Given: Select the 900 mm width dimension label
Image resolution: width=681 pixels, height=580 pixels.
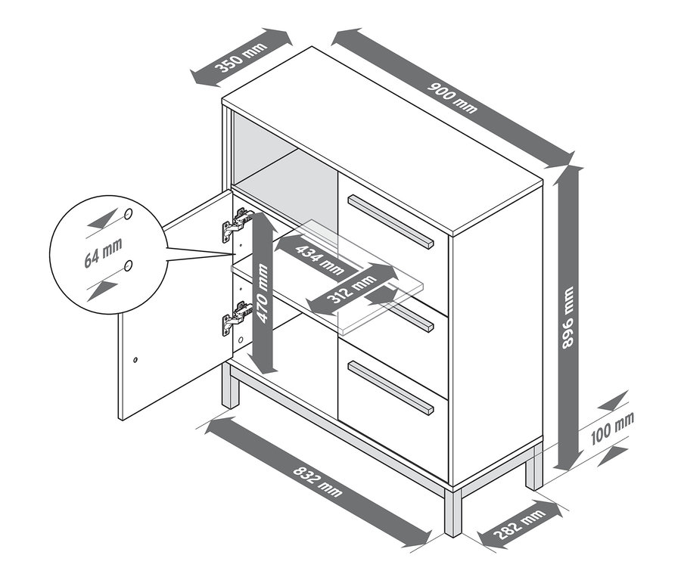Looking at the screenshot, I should [454, 98].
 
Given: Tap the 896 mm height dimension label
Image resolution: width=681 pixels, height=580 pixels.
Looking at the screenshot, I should [569, 318].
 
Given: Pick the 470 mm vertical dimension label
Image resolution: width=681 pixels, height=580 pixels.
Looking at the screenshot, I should [263, 293].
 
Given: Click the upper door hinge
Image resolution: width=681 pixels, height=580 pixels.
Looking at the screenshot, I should [236, 225].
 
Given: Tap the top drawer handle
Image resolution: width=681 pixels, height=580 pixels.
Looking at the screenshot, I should [390, 221].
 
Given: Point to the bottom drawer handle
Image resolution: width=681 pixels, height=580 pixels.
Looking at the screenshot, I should [390, 387].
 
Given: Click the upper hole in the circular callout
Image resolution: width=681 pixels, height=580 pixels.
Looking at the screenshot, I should [129, 214].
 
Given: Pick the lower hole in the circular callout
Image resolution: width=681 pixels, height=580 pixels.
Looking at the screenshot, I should [129, 265].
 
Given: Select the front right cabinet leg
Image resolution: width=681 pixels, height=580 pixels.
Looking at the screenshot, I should [452, 512].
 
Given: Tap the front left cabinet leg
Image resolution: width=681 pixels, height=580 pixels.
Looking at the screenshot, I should [228, 389].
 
